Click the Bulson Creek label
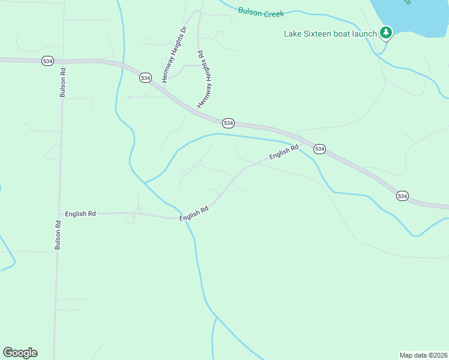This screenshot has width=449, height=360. (261, 12)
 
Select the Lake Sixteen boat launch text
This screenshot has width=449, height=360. (330, 34)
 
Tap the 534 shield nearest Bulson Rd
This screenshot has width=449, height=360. (47, 61)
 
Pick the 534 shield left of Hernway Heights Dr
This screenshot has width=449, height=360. (145, 78)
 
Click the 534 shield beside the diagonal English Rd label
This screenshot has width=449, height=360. (319, 149)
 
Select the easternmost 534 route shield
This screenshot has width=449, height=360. (402, 196)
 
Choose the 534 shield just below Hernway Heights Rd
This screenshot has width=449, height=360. (228, 122)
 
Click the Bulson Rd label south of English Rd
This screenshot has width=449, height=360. (58, 235)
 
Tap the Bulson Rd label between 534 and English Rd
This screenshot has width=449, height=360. (62, 82)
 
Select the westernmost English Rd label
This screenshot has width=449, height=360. (80, 214)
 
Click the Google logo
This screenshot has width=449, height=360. (20, 353)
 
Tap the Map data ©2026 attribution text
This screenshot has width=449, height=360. (423, 355)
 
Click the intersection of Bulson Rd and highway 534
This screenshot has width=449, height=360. (62, 61)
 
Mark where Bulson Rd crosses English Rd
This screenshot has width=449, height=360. (59, 214)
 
